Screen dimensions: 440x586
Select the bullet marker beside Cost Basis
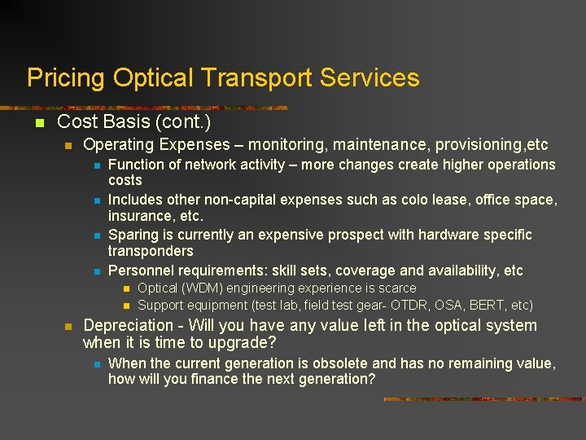[36, 123]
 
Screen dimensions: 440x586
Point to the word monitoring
[286, 145]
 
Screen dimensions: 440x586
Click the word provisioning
[479, 145]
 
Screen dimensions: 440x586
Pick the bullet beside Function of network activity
[95, 165]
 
